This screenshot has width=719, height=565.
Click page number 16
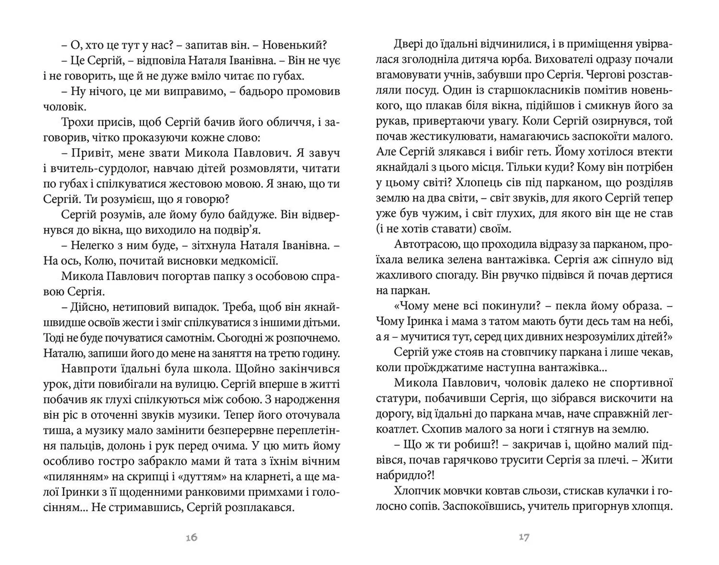click(191, 537)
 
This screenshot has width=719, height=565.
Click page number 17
click(524, 537)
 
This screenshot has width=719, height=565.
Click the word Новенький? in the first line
click(294, 45)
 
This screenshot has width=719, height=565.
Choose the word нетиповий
click(139, 307)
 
